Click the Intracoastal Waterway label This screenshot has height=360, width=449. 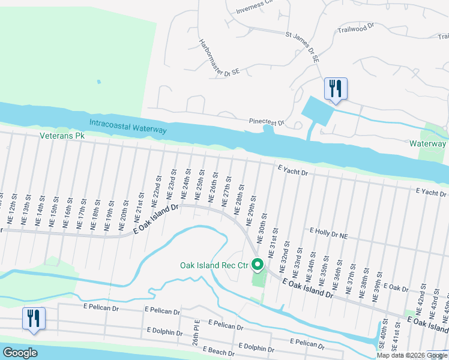click(x=128, y=126)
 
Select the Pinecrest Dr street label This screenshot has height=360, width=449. click(x=267, y=122)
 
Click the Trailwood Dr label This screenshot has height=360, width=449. click(x=356, y=28)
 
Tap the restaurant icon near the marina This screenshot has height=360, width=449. click(x=334, y=89)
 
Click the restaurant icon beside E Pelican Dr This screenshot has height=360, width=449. click(x=33, y=318)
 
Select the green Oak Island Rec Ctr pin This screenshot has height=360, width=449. click(x=258, y=264)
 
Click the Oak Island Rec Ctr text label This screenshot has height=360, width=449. click(x=214, y=265)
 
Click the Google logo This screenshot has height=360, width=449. click(x=20, y=353)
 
